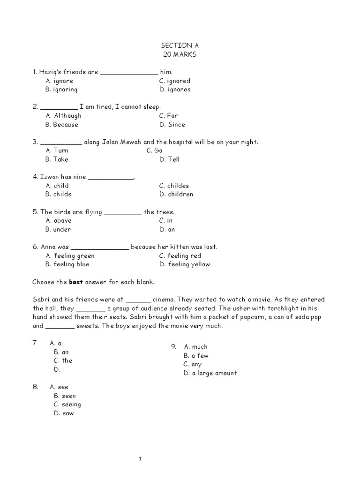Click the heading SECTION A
[176, 45]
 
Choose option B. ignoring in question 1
[61, 90]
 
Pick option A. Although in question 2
[63, 116]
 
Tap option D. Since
[172, 125]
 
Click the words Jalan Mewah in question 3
[121, 142]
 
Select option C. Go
[154, 150]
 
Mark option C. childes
[174, 186]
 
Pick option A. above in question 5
[59, 220]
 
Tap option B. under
[58, 229]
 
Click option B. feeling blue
[67, 264]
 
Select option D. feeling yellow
[184, 264]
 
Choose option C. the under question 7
[63, 360]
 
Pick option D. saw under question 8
[64, 413]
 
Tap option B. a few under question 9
[196, 356]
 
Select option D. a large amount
[210, 373]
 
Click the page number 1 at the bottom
[140, 459]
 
